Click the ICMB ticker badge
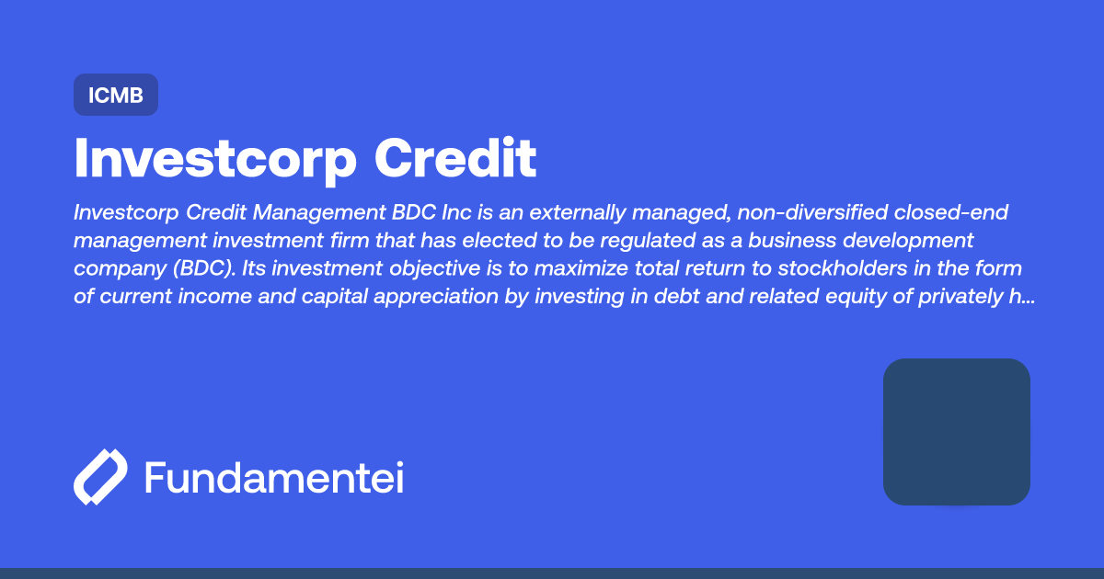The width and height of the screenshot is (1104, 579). (116, 95)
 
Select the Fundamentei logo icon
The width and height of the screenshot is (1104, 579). (99, 477)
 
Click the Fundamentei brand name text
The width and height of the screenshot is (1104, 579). (274, 478)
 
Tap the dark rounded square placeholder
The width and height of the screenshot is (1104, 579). (956, 431)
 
